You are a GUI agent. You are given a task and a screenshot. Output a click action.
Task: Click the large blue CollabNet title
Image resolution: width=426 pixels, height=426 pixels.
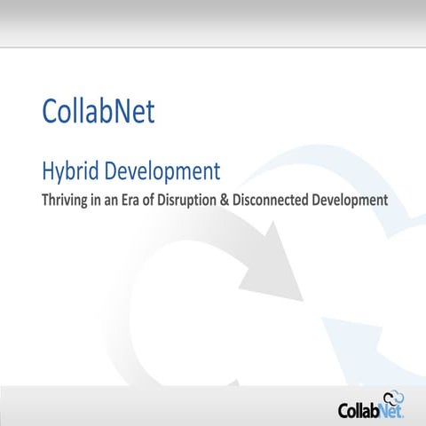point(99,111)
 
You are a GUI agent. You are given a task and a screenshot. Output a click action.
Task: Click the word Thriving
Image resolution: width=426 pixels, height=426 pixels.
point(67,200)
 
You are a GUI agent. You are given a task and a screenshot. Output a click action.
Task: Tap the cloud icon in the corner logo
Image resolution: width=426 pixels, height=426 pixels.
point(393,398)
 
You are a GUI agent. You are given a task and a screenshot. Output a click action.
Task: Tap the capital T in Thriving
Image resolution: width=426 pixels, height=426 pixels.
point(46,200)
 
